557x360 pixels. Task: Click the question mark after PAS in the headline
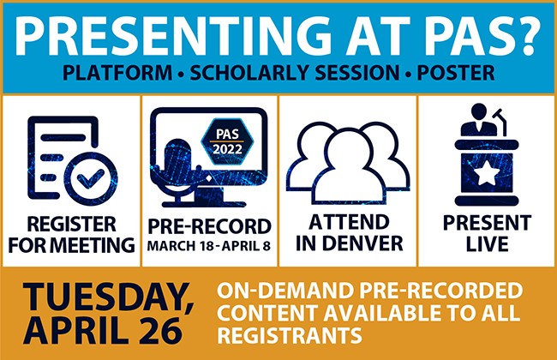tap(524, 34)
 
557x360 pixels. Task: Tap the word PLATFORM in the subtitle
tap(117, 72)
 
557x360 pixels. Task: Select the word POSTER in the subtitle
tap(456, 72)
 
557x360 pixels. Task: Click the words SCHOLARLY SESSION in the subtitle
tap(295, 72)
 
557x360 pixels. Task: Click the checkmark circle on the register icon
tap(91, 178)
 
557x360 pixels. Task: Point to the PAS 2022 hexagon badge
tap(228, 141)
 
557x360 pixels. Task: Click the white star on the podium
tap(487, 174)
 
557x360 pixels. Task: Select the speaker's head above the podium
tap(478, 111)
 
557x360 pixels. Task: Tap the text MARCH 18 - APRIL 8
tap(209, 246)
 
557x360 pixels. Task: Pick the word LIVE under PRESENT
tap(487, 243)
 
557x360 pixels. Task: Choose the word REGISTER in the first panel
tap(72, 225)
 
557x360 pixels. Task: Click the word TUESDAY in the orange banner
tap(108, 297)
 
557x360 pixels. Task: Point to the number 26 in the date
tap(161, 331)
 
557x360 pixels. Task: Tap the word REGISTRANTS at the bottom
tap(290, 335)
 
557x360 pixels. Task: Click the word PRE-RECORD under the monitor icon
tap(209, 227)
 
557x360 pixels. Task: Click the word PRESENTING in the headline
tap(174, 34)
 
